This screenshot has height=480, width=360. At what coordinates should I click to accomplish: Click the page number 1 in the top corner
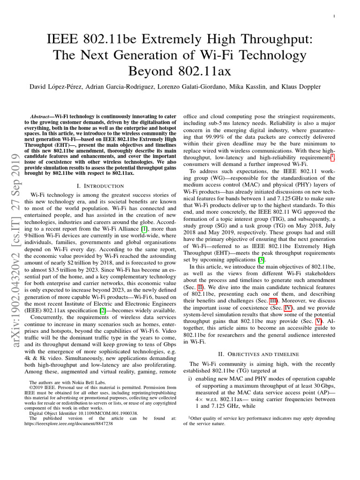333,16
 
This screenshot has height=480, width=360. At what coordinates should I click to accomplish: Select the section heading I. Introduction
100,186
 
